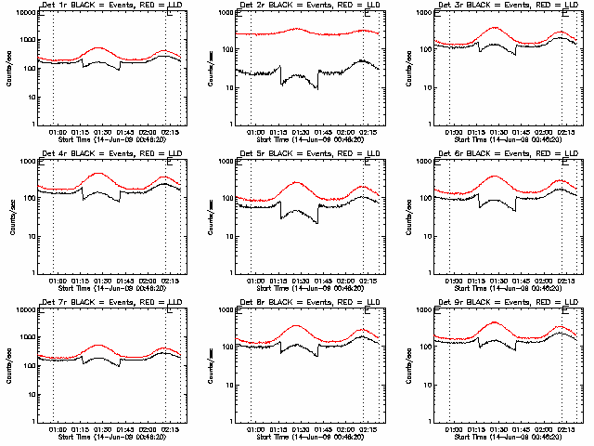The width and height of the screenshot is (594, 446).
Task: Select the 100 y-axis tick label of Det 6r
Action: click(423, 199)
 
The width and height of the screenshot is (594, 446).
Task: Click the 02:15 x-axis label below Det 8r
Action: click(368, 428)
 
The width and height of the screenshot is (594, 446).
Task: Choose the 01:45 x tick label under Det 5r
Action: click(323, 280)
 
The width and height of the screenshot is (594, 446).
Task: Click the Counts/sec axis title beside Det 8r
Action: click(205, 365)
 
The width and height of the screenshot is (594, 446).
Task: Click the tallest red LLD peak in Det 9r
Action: click(495, 322)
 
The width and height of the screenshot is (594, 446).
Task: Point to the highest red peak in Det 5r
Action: click(297, 182)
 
